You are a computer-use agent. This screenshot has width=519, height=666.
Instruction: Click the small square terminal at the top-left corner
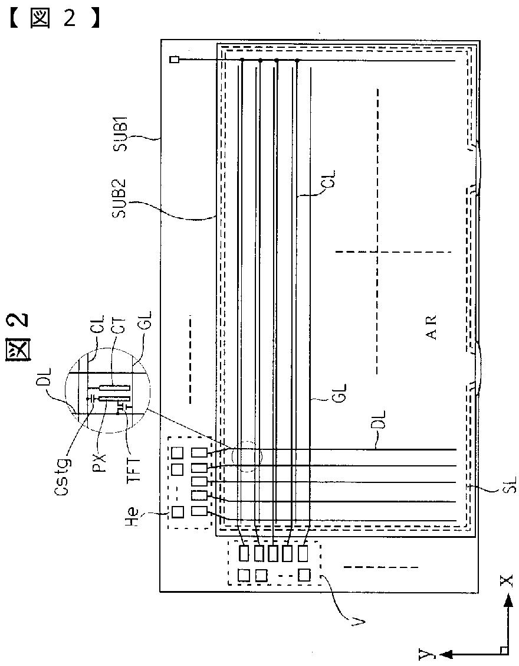point(173,60)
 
